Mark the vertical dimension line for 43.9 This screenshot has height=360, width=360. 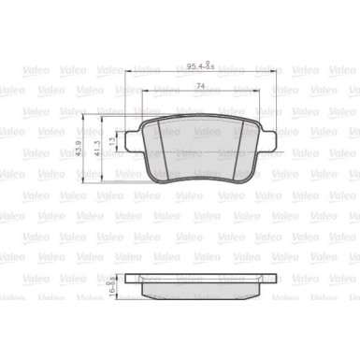88,150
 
